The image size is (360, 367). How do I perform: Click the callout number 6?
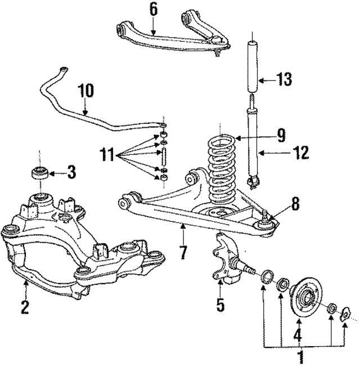click(x=153, y=9)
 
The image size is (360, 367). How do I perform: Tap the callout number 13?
click(x=284, y=79)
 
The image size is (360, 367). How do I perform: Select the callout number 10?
click(x=85, y=91)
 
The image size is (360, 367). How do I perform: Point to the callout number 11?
click(x=107, y=154)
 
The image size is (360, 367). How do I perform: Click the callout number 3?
click(x=71, y=172)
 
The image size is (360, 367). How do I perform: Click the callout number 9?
click(x=301, y=153)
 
